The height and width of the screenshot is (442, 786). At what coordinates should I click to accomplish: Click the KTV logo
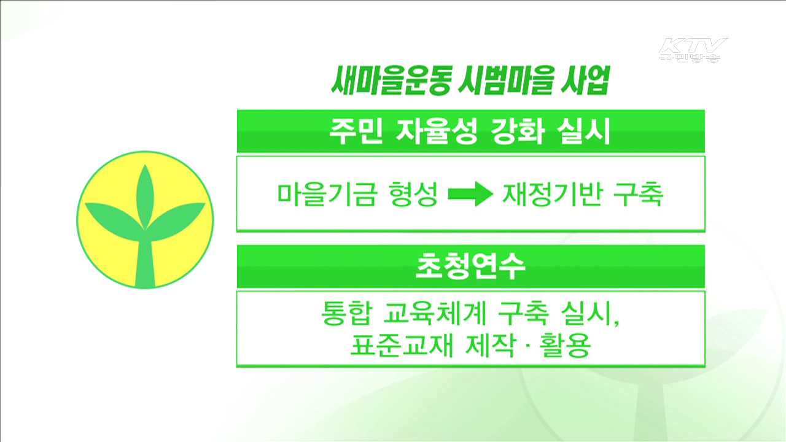pos(693,49)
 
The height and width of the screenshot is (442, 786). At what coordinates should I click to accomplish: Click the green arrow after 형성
pos(470,195)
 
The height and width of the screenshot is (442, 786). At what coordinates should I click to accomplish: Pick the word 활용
pos(564,346)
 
